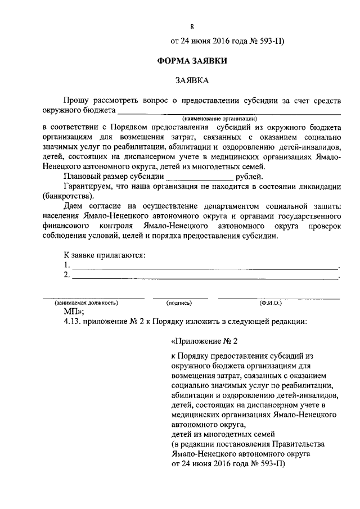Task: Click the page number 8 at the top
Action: coord(192,27)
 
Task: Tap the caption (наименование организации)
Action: coord(219,119)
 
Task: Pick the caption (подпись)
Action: coord(180,303)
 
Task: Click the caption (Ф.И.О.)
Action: coord(271,303)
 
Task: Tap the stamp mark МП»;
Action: coord(74,311)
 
